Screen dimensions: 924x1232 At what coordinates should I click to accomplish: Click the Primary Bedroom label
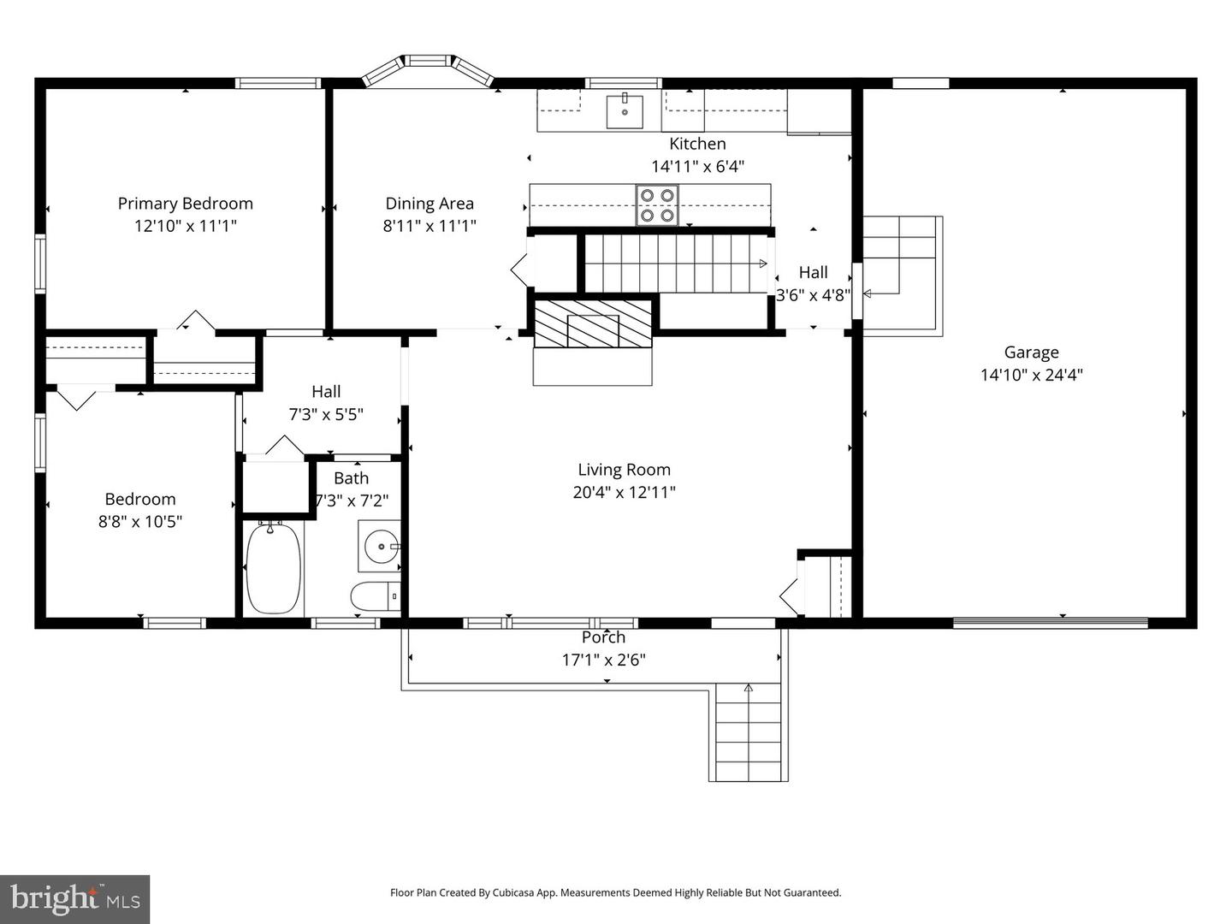click(185, 204)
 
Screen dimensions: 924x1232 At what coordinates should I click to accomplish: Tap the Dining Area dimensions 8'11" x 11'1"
click(429, 226)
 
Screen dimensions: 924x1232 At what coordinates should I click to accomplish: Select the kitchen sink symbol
click(625, 111)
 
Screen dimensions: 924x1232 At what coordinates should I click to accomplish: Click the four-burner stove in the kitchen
click(656, 205)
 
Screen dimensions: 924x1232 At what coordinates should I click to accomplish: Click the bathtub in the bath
click(273, 567)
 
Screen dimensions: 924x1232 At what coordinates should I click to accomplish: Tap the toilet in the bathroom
click(375, 595)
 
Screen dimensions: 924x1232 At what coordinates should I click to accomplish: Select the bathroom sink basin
click(379, 545)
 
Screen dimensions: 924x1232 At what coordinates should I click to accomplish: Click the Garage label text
click(1031, 352)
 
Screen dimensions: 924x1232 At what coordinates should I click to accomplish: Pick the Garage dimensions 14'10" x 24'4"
click(1031, 375)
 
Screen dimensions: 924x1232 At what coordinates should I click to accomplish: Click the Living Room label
click(624, 470)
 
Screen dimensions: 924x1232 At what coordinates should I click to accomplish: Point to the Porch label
click(603, 637)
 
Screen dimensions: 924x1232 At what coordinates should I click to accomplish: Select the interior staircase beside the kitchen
click(676, 264)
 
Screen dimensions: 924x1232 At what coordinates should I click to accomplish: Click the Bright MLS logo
click(74, 899)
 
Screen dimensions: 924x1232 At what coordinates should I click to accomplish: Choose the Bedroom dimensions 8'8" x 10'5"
click(140, 522)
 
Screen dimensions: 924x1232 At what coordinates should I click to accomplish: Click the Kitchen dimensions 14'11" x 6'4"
click(697, 167)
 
